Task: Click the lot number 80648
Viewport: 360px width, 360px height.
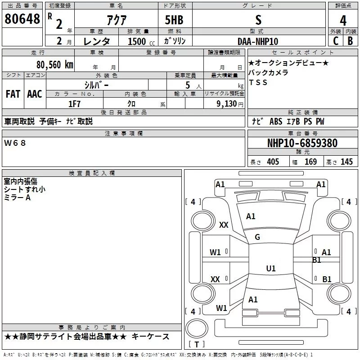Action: [22, 19]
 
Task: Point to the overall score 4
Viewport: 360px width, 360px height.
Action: [343, 20]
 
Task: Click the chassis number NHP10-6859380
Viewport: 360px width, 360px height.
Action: [302, 143]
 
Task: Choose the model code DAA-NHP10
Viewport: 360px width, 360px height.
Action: [258, 41]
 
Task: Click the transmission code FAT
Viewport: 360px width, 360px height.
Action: [13, 94]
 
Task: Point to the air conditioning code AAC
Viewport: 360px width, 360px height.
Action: [34, 94]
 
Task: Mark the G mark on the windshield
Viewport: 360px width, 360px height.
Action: [257, 237]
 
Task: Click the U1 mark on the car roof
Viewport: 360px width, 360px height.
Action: [270, 269]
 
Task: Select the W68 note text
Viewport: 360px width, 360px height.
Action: [15, 143]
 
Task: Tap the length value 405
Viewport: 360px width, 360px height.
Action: [273, 162]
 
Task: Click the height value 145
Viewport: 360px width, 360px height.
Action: [346, 162]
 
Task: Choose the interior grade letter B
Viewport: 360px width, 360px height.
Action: [350, 41]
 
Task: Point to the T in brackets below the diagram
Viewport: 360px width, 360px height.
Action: [196, 345]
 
